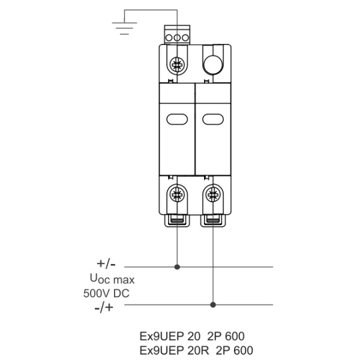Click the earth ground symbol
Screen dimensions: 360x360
coord(124,28)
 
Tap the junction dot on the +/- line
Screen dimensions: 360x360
coord(177,267)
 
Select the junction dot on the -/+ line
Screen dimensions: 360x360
coord(213,305)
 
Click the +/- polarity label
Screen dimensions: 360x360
coord(106,264)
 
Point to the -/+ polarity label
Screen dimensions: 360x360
coord(104,307)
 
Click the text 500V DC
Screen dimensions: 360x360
coord(106,293)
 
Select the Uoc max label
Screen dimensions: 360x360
coord(112,279)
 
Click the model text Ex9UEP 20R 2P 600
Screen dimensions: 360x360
coord(196,350)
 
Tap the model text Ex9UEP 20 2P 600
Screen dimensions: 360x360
coord(192,337)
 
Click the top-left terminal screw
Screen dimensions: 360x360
coord(177,65)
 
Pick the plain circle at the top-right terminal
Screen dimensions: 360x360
coord(213,65)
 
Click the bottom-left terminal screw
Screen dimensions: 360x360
coord(177,194)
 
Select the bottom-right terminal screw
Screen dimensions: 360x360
coord(213,194)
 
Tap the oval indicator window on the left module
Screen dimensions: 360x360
coord(177,119)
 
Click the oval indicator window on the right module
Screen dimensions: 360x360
coord(213,119)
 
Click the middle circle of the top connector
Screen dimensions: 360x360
coord(177,38)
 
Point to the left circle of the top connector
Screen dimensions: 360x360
coord(169,38)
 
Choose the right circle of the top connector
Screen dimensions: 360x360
coord(185,38)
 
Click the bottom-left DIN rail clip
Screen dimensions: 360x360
coord(177,220)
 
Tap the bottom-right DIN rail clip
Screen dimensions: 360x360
coord(213,220)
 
